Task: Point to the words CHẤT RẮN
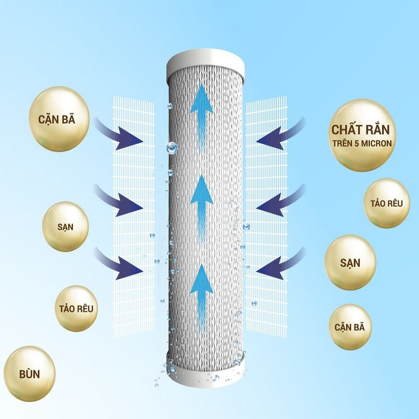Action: click(x=363, y=129)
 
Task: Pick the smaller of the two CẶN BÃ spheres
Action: click(x=350, y=327)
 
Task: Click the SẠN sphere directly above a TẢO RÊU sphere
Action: click(x=65, y=227)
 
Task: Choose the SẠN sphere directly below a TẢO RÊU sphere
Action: click(x=350, y=262)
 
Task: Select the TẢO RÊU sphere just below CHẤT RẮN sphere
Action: click(x=387, y=203)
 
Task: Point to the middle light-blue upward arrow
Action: click(x=201, y=200)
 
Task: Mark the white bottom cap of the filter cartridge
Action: click(x=204, y=371)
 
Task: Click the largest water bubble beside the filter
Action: click(x=171, y=149)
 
